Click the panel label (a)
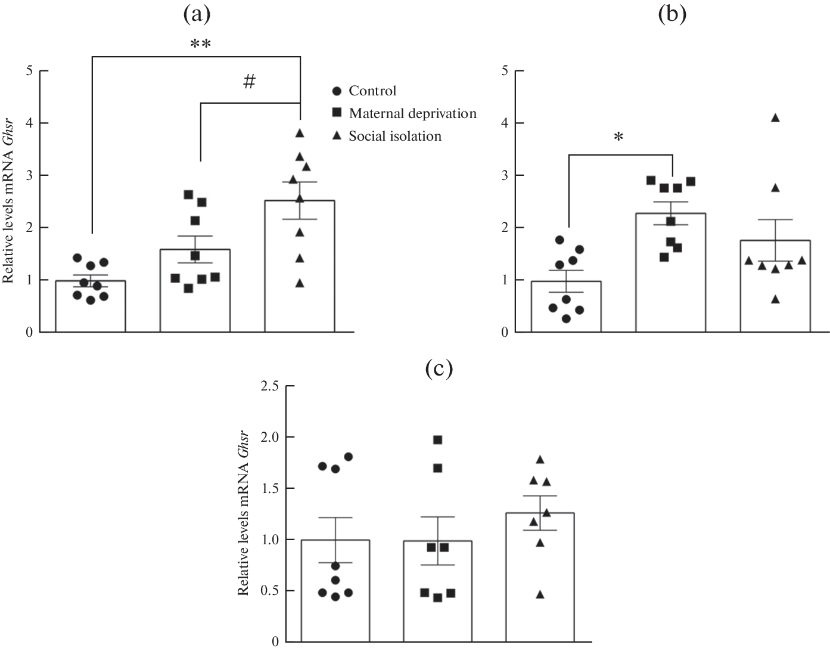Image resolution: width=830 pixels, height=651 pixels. coord(196,15)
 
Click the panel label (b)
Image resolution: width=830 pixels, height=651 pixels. coord(672,15)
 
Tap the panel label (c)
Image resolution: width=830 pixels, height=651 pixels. coord(439,369)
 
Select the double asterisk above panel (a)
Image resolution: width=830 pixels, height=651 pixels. coord(200,45)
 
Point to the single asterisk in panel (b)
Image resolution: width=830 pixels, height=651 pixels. coord(619,138)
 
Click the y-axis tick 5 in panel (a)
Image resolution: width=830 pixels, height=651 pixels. coord(29,71)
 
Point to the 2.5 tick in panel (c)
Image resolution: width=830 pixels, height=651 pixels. coord(270,386)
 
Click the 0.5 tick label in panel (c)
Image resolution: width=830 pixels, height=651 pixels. coord(270,591)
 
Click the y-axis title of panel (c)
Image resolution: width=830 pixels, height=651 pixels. coord(243,513)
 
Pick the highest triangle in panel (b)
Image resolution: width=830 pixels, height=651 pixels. coord(775,118)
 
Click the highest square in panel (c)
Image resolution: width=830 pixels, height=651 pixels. coord(438,440)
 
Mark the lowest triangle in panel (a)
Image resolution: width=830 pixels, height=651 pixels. coord(300,283)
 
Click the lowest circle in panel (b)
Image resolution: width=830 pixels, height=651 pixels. coord(566,319)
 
